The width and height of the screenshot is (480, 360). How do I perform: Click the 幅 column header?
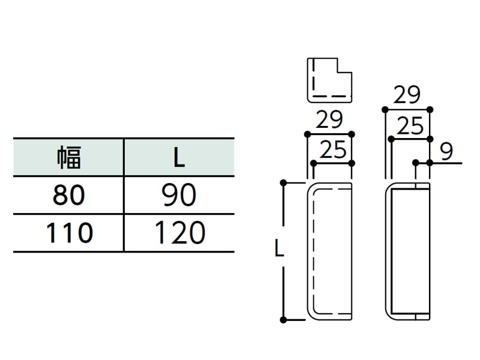69,157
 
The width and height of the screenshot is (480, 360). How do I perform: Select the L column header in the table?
179,158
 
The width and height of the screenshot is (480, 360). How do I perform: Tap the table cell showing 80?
68,195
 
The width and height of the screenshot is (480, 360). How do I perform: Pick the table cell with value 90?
179,195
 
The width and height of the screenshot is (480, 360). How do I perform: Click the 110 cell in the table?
69,233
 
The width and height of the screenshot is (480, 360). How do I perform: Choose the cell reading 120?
179,233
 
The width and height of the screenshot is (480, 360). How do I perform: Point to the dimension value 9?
446,152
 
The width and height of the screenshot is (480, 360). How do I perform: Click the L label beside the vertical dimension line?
279,248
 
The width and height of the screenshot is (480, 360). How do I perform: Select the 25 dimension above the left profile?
333,149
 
